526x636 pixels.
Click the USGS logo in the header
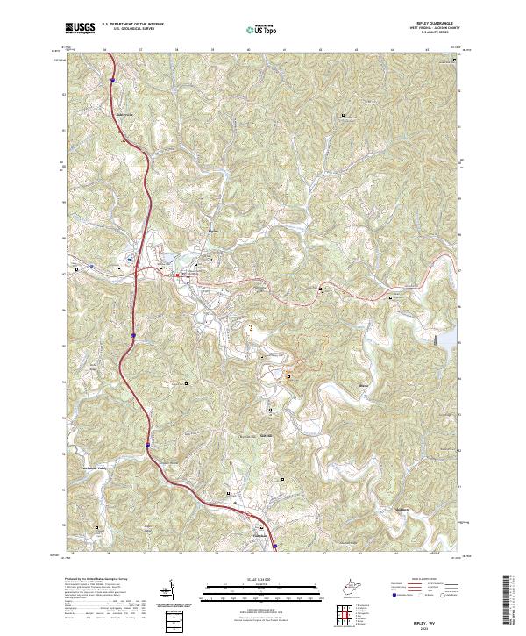pyautogui.click(x=78, y=29)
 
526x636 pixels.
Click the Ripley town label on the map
pyautogui.click(x=211, y=232)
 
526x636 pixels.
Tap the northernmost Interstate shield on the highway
pyautogui.click(x=113, y=80)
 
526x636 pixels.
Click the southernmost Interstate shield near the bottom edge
pyautogui.click(x=274, y=547)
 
